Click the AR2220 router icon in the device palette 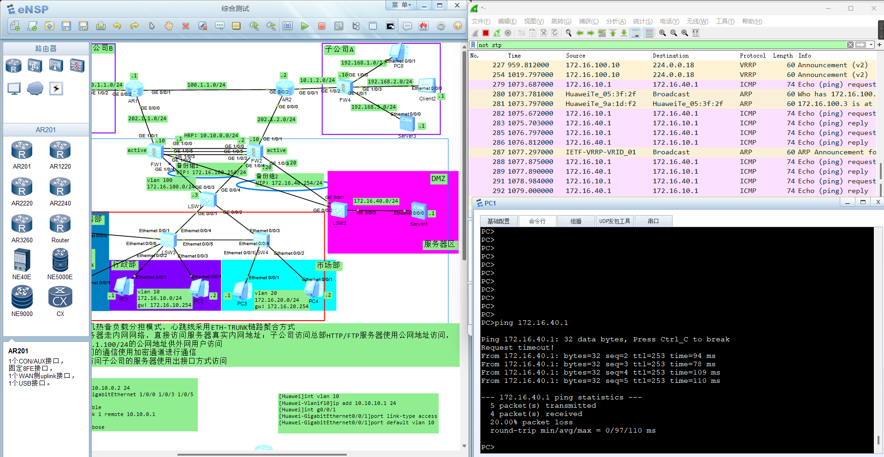[x=22, y=187]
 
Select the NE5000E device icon [x=60, y=261]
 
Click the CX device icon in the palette [x=60, y=297]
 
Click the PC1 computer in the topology [x=123, y=287]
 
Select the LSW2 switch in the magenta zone [x=339, y=211]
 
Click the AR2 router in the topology [x=285, y=88]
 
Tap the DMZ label [x=438, y=179]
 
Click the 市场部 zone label [x=328, y=265]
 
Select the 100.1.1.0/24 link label [x=206, y=85]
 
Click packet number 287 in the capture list [x=498, y=152]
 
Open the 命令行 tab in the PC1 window [x=537, y=221]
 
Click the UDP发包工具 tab [x=615, y=221]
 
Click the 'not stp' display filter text [x=490, y=45]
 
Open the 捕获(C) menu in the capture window [x=588, y=21]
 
